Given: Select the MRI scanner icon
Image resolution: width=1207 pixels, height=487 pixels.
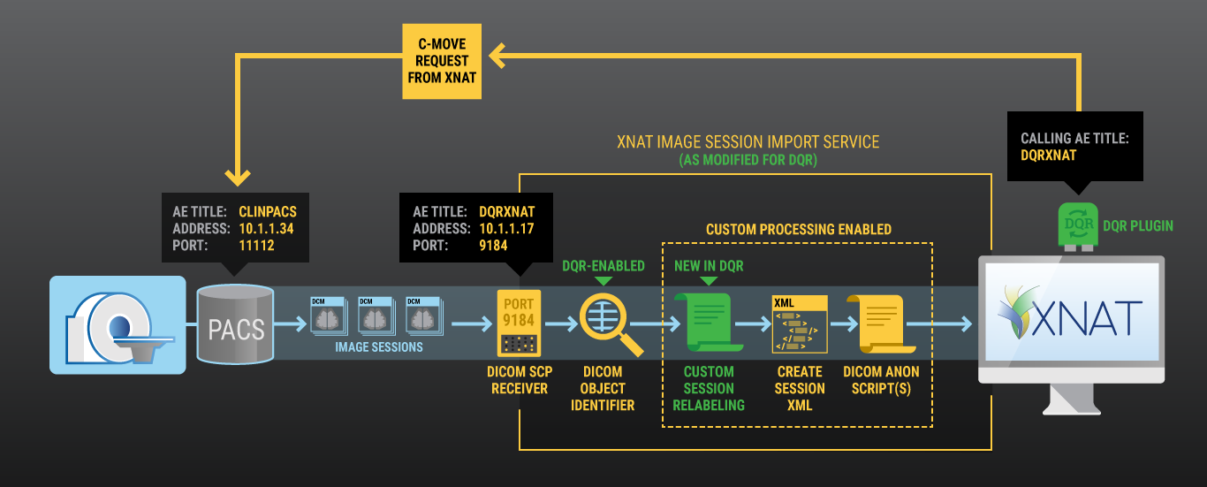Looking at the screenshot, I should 118,324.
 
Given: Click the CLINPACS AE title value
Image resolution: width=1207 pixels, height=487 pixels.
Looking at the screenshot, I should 269,212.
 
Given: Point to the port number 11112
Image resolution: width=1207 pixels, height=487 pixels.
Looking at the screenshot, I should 257,246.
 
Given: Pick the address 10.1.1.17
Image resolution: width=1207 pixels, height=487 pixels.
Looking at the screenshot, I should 505,228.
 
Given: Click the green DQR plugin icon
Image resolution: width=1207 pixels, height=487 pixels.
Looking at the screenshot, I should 1076,225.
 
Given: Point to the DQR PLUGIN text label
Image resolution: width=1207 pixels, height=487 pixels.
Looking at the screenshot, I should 1138,226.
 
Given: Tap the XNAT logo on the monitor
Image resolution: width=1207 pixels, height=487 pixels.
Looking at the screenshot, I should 1070,313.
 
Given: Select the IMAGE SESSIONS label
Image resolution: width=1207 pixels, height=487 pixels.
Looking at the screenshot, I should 378,347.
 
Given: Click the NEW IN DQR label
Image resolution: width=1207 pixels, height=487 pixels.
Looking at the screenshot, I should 709,266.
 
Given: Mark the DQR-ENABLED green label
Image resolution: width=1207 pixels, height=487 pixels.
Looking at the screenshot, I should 603,265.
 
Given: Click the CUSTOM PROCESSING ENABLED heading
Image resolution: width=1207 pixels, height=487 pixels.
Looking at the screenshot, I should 798,230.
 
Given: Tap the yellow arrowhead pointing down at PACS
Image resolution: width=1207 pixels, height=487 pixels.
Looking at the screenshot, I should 236,174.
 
